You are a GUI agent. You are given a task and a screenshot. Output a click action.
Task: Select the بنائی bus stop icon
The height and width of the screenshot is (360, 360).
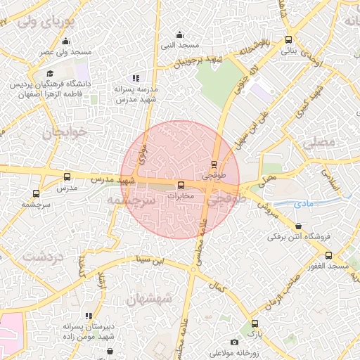click(289, 40)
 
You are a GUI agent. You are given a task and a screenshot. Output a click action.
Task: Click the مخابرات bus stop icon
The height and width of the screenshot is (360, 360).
click(181, 186)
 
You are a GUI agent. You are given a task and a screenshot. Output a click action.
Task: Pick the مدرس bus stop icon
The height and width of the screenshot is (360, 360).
click(67, 177)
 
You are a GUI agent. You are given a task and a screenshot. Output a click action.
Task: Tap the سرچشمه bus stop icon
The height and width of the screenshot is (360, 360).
click(36, 193)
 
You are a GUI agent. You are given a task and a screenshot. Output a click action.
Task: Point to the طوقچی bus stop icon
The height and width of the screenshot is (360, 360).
click(214, 165)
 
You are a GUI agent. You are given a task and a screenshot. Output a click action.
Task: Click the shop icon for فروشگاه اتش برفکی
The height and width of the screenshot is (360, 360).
click(301, 226)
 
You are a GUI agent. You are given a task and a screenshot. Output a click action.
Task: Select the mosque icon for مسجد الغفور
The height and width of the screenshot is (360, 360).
click(328, 255)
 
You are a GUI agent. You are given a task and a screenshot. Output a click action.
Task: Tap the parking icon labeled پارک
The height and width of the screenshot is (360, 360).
click(255, 323)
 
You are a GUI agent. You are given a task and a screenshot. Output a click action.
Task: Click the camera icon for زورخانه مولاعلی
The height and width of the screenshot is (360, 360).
click(234, 342)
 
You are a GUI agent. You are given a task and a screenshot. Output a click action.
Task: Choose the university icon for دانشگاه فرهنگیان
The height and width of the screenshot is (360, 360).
click(50, 73)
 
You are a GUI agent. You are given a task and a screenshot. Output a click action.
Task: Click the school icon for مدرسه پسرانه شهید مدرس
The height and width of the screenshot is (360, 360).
click(136, 79)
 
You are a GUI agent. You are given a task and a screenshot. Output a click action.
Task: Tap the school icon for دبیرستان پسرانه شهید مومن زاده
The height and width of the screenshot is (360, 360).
click(88, 316)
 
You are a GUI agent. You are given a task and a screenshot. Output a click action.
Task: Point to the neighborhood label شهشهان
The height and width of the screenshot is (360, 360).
click(148, 297)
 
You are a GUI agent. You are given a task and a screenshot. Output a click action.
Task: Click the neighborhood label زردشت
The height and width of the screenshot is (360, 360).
click(43, 257)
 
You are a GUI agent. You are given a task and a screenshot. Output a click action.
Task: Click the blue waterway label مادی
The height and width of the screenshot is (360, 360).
click(303, 203)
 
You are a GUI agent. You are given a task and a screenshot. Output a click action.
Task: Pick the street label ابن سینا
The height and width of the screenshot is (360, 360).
click(153, 260)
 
